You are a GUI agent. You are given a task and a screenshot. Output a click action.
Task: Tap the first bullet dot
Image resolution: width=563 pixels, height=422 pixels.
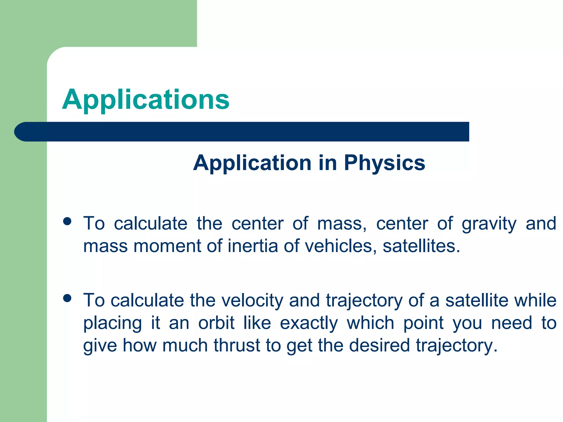tap(67, 221)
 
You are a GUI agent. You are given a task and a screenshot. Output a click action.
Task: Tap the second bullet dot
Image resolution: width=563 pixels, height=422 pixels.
tap(67, 298)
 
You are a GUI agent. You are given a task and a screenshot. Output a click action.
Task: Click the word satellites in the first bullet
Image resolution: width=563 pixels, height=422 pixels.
tap(421, 246)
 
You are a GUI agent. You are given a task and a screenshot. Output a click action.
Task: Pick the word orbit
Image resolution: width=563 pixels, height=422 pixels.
tap(216, 323)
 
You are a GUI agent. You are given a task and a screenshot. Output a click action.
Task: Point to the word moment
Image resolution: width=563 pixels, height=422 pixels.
tap(167, 246)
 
